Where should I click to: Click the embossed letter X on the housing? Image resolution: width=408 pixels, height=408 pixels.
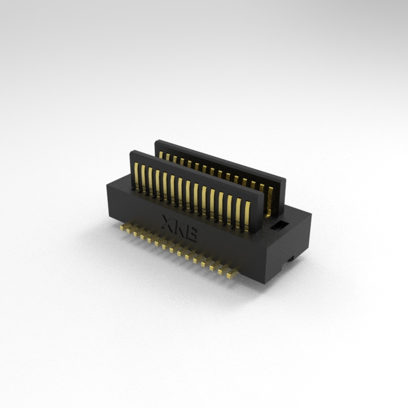coord(168,222)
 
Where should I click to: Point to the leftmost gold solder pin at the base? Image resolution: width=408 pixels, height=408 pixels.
coord(122,227)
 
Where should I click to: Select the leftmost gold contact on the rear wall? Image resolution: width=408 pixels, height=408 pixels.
coord(161,155)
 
